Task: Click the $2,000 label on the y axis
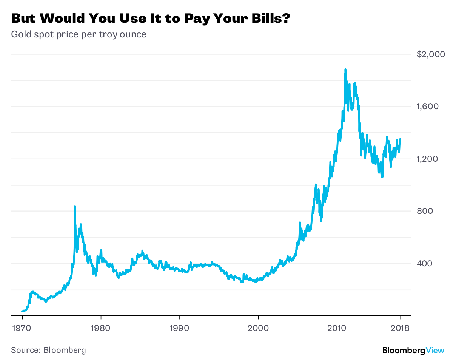point(431,54)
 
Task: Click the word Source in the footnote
point(24,350)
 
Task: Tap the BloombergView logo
point(413,350)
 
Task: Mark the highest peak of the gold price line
point(345,70)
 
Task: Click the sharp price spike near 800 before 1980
point(75,207)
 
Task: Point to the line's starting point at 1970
point(22,311)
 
